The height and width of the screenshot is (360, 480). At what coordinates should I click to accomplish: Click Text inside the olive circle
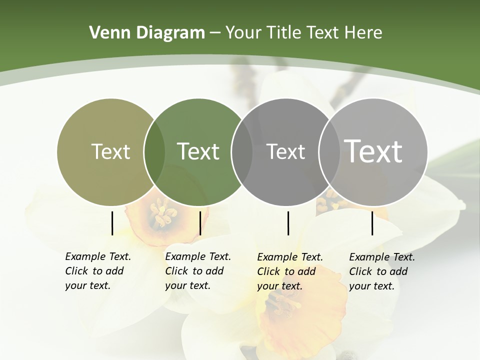coord(110,151)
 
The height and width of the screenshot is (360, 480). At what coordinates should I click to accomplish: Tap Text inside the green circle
coord(198,151)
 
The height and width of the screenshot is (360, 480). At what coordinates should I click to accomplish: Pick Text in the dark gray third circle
coord(285,151)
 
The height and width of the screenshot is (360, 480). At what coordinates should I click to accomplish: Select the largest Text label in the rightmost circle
coord(373,151)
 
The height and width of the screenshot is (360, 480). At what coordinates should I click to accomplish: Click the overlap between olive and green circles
coord(154,151)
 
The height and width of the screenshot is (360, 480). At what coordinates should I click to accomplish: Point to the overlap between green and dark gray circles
coord(242,151)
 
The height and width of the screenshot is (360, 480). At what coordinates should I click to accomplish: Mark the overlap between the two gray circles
coord(329,151)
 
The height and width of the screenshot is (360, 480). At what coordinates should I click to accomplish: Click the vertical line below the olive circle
coord(112,223)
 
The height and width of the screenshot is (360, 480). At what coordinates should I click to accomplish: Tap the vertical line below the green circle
coord(200,223)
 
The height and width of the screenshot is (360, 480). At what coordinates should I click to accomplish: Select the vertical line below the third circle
coord(288,223)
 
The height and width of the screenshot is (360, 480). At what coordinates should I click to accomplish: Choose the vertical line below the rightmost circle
coord(372,223)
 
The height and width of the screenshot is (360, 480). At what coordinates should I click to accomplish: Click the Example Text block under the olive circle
coord(97,271)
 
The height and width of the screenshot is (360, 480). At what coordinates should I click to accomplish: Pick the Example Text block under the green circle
coord(197,271)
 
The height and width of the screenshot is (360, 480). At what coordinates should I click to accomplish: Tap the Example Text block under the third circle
coord(289,271)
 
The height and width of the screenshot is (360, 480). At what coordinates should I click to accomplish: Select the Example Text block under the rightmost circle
coord(381,271)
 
